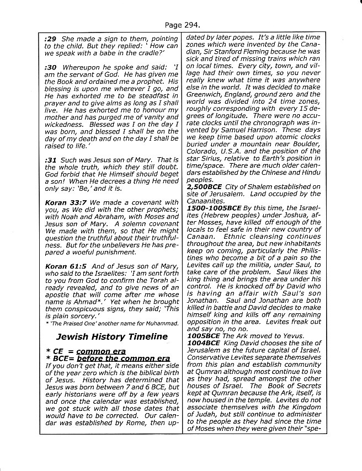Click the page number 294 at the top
tap(191, 25)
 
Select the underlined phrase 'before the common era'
tap(126, 358)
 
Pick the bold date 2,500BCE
tap(206, 187)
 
